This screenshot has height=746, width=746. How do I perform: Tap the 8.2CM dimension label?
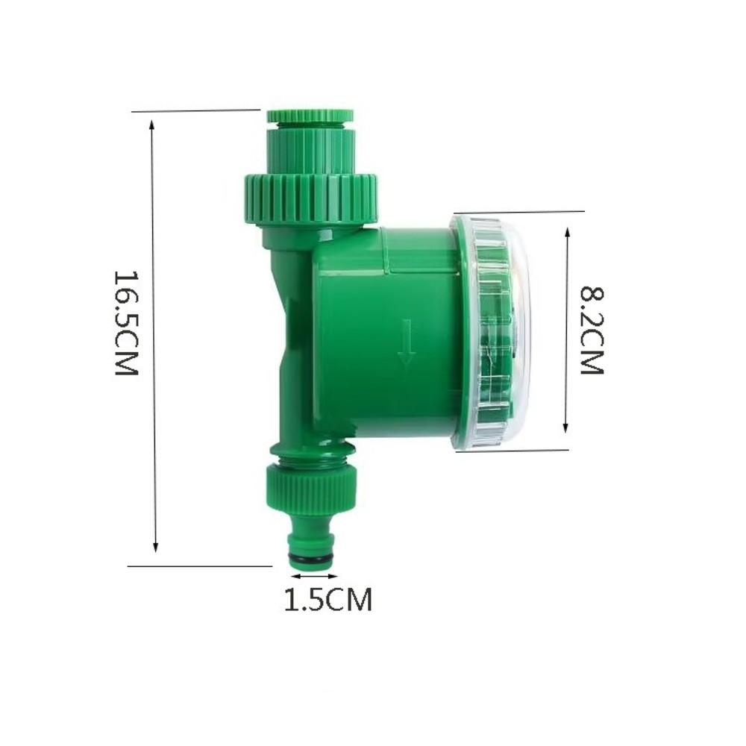click(x=591, y=330)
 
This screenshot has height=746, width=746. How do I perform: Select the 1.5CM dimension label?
click(x=327, y=599)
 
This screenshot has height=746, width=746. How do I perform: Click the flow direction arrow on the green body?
click(x=406, y=342)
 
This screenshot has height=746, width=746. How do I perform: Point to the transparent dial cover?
click(x=492, y=332)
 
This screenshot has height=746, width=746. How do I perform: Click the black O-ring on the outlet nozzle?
click(x=312, y=559)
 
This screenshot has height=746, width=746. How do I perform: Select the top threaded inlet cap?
click(x=310, y=117)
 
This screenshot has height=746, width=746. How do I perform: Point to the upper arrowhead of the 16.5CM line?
click(x=152, y=127)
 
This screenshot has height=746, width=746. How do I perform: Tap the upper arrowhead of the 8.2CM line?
click(x=567, y=232)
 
